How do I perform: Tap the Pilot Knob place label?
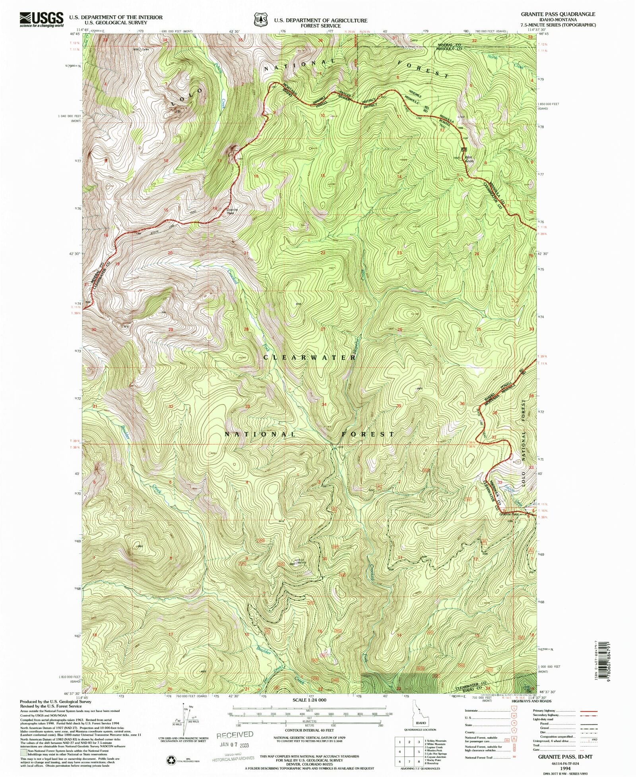(469, 158)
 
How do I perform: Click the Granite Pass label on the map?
(509, 514)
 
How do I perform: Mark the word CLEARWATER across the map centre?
(310, 358)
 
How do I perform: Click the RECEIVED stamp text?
(235, 735)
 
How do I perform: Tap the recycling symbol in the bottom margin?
(171, 760)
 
